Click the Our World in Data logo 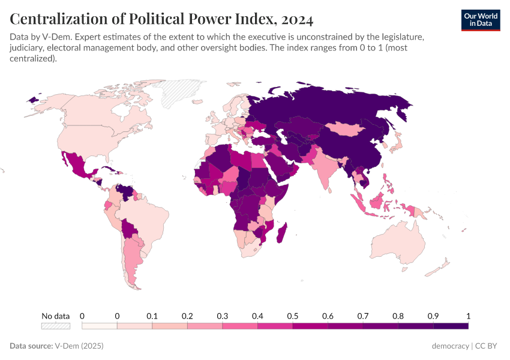coord(480,20)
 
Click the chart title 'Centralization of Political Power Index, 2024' coord(161,19)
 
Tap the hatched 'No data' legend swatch coord(55,326)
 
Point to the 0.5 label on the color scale coord(293,316)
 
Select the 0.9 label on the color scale coord(433,316)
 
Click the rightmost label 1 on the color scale coord(468,316)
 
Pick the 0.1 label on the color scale coord(152,316)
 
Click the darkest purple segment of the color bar coord(451,326)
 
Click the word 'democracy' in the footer coord(450,346)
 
